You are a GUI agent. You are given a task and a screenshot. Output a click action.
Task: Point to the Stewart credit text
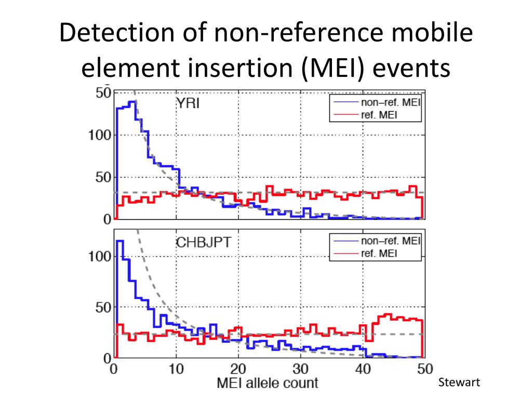pyautogui.click(x=460, y=383)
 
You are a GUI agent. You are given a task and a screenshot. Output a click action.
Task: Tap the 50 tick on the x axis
pyautogui.click(x=424, y=369)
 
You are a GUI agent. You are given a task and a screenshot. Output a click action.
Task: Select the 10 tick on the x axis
pyautogui.click(x=176, y=369)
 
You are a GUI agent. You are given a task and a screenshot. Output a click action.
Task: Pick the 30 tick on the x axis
pyautogui.click(x=300, y=369)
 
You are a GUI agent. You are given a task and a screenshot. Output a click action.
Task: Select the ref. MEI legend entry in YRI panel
pyautogui.click(x=379, y=115)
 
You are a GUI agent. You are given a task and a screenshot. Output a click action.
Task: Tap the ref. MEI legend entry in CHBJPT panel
pyautogui.click(x=379, y=253)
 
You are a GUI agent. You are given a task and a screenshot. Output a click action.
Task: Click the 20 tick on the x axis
pyautogui.click(x=238, y=369)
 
